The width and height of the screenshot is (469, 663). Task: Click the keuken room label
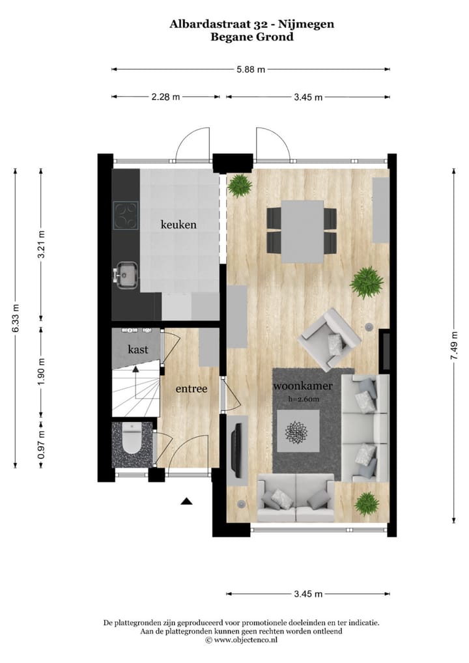[x=178, y=225]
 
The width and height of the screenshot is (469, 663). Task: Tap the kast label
[x=137, y=350]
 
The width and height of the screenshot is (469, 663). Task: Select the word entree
[x=191, y=389]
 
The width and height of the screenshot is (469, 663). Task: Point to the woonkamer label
[x=303, y=386]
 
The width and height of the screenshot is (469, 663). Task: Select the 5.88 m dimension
[x=251, y=69]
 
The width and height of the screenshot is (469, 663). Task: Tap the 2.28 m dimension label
[x=165, y=97]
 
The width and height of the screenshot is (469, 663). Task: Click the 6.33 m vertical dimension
[x=16, y=317]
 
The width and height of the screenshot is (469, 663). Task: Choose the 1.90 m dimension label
[x=41, y=371]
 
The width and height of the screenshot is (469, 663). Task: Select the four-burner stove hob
[x=126, y=215]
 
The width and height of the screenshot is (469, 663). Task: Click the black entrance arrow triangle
[x=187, y=501]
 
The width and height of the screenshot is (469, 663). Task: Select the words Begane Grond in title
[x=251, y=37]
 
